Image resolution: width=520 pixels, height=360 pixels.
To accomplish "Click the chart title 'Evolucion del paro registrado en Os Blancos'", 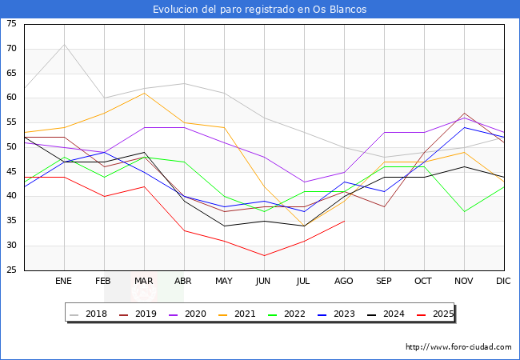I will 260,9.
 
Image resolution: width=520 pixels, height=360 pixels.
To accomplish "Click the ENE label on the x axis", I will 64,282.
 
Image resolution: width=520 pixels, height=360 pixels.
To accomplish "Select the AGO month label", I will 344,282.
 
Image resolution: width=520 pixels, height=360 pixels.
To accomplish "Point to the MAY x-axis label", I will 224,282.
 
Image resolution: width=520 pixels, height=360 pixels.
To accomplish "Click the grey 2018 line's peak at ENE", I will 64,44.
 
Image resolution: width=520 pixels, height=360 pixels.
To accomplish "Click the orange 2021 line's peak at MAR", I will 144,93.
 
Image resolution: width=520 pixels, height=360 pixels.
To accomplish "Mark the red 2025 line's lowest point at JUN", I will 264,255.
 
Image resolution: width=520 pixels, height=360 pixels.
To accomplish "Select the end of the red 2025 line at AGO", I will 344,221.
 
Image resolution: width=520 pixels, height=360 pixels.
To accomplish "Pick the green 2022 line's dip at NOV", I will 464,211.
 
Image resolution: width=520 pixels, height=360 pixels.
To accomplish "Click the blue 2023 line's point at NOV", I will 464,127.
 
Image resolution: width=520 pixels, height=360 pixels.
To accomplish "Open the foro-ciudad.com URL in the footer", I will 458,347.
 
